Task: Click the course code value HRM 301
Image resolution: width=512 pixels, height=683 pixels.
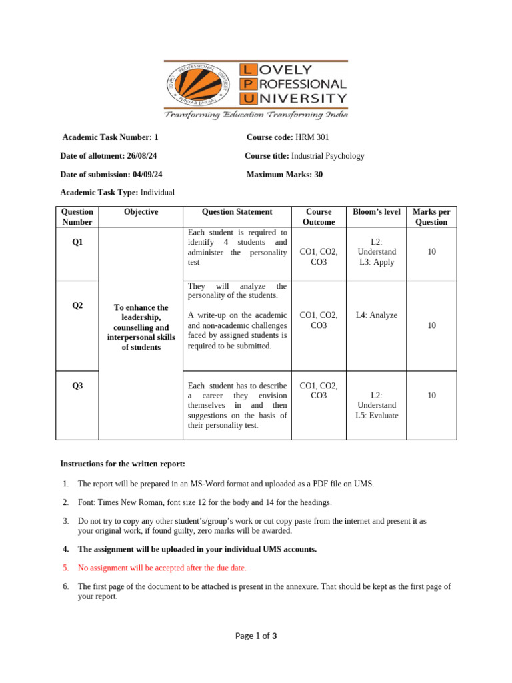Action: pyautogui.click(x=312, y=137)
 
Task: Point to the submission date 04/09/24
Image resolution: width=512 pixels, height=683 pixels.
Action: pyautogui.click(x=143, y=175)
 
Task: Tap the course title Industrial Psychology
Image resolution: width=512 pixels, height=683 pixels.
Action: pyautogui.click(x=328, y=156)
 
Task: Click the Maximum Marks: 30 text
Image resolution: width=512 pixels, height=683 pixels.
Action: pyautogui.click(x=285, y=175)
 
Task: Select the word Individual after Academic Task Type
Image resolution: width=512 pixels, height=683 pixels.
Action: pyautogui.click(x=157, y=193)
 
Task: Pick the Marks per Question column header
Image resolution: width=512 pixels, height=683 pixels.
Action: pyautogui.click(x=431, y=217)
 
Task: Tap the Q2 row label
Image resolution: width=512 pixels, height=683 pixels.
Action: pyautogui.click(x=77, y=305)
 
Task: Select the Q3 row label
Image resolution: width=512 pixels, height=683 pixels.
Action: pyautogui.click(x=77, y=385)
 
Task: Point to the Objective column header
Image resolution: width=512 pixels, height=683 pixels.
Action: pyautogui.click(x=141, y=212)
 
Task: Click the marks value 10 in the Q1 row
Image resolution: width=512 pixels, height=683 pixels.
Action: pyautogui.click(x=431, y=252)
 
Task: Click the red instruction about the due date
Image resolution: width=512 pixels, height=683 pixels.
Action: pyautogui.click(x=162, y=568)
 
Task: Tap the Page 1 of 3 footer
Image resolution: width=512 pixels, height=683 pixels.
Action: pyautogui.click(x=256, y=636)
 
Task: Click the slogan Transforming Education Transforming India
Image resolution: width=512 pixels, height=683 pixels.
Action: pyautogui.click(x=257, y=115)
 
